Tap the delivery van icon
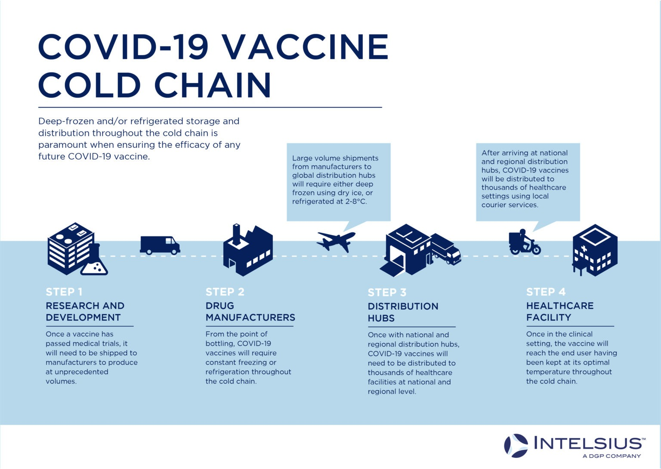[160, 245]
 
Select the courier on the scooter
[525, 242]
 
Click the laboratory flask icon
[94, 260]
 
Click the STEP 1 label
[64, 292]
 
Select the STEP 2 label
[225, 292]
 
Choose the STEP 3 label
[387, 292]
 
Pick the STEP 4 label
[546, 292]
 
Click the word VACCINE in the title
[305, 47]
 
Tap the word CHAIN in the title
[213, 85]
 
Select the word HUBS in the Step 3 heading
[381, 318]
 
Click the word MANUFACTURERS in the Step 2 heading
[250, 317]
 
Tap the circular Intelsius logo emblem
[516, 446]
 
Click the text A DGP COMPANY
[612, 456]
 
